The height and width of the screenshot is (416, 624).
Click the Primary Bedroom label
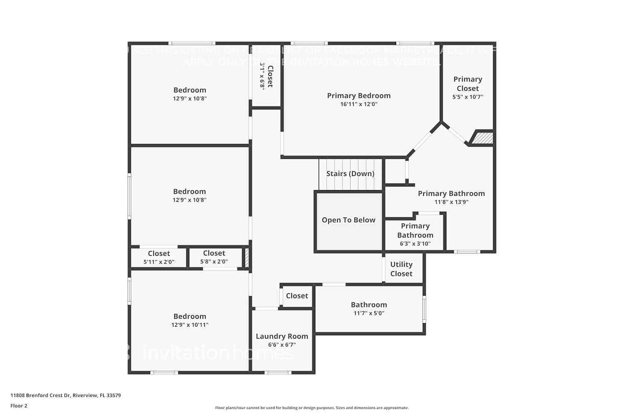click(x=359, y=96)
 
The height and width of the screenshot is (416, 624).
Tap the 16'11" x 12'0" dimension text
click(x=359, y=104)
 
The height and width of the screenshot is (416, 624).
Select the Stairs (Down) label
click(x=350, y=173)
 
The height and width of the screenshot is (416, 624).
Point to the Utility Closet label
click(x=401, y=269)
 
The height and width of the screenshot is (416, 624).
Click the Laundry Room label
click(x=282, y=336)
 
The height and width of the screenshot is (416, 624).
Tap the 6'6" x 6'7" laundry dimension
click(x=282, y=345)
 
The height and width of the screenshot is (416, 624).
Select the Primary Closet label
click(x=468, y=84)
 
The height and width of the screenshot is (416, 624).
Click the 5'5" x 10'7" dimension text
click(x=468, y=97)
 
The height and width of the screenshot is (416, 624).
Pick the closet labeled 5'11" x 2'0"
click(x=159, y=258)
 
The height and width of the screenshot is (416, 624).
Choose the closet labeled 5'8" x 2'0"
click(x=214, y=257)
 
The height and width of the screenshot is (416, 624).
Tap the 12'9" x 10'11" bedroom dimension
click(x=190, y=325)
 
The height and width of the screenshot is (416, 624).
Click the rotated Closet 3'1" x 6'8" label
click(x=266, y=76)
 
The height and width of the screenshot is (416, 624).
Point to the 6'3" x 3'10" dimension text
click(x=415, y=244)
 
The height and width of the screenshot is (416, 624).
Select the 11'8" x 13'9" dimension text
click(x=451, y=202)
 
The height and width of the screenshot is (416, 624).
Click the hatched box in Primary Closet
click(x=482, y=138)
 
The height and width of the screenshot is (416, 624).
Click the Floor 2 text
click(x=19, y=406)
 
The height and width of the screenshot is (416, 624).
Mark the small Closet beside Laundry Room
click(x=297, y=296)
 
